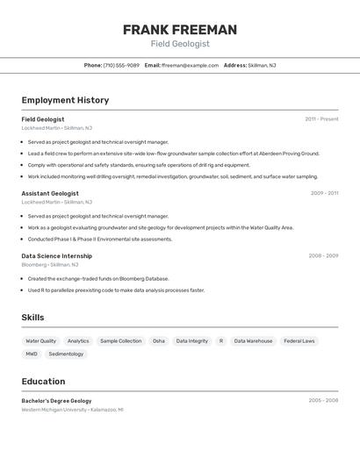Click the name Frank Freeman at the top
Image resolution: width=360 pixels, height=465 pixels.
pos(180,30)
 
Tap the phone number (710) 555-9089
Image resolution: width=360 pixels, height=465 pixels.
pos(121,65)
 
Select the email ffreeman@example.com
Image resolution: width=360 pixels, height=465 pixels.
pos(190,65)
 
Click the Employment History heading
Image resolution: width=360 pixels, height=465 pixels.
pos(65,100)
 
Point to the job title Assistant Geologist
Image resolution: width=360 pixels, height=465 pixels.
pos(50,193)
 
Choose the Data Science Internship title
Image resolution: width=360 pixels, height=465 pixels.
pos(56,256)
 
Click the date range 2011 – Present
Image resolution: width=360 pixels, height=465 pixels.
pos(321,119)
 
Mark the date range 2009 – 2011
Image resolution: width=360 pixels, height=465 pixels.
pos(324,193)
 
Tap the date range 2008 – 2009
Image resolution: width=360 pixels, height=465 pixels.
pos(323,256)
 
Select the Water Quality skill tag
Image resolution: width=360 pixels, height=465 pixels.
pos(40,340)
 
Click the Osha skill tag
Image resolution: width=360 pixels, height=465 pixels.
pos(159,340)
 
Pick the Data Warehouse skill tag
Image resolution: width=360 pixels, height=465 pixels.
pos(253,340)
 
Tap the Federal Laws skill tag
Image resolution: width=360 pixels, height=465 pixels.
pos(299,340)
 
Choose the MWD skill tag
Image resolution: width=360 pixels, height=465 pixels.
pos(32,354)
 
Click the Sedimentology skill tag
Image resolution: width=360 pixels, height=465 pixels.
pos(66,354)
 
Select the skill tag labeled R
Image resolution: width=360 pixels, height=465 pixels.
pos(221,340)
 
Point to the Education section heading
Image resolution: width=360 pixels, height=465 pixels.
pos(43,382)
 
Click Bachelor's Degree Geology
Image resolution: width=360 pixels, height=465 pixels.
pos(56,400)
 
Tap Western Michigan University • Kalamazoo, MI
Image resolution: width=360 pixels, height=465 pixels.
pos(72,409)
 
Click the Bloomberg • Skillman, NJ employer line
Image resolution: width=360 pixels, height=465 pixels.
pos(50,264)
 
